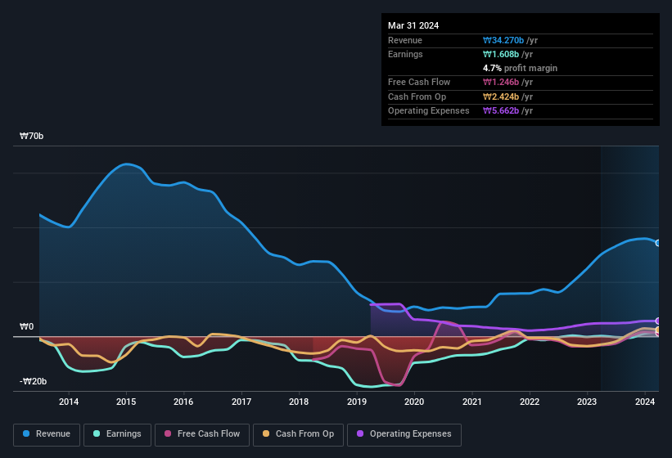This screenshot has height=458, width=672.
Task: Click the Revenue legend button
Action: point(47,434)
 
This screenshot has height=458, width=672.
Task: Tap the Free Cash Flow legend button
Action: point(202,434)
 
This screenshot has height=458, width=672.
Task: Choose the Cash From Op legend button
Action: point(298,434)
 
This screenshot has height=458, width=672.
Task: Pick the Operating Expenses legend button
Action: point(404,434)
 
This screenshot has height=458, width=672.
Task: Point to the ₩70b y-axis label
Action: point(32,137)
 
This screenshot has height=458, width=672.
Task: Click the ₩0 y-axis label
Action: point(27,327)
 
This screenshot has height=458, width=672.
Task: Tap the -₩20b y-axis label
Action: point(34,382)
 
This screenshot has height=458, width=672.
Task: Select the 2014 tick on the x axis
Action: point(69,402)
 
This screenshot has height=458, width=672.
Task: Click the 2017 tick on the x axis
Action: point(241,402)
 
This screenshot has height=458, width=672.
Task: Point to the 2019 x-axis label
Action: point(357,402)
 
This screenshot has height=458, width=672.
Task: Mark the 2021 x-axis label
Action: point(471,402)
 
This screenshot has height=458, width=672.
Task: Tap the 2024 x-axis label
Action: point(645,402)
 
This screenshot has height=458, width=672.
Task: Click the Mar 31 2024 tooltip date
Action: point(413,25)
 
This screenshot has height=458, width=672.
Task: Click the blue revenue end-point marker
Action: point(657,243)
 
